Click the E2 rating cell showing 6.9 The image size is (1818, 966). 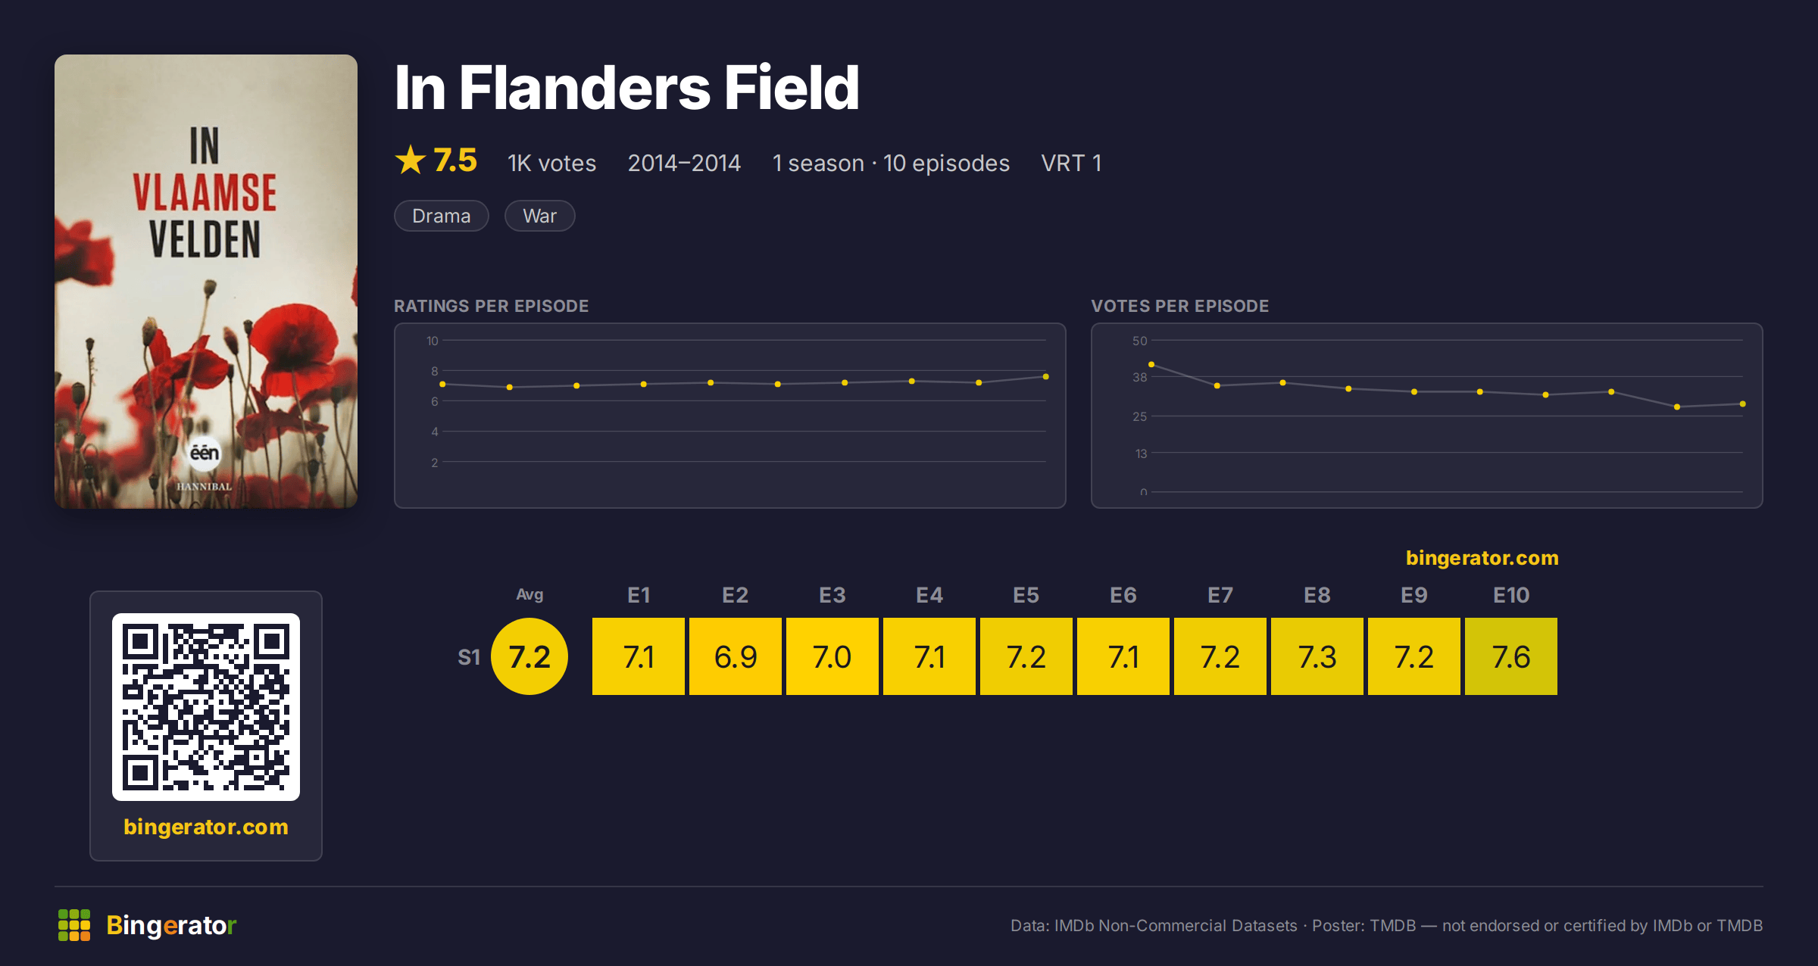(735, 656)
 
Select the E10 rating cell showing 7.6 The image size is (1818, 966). (1510, 656)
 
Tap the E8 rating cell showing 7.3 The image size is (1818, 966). (1317, 656)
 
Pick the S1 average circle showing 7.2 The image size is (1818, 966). (529, 656)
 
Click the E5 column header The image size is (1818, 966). (1026, 595)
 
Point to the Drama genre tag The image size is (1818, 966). (442, 216)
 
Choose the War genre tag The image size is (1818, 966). (539, 216)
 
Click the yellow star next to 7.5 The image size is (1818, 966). (411, 160)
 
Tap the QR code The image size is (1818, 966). (206, 707)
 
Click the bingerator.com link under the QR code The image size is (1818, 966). (206, 827)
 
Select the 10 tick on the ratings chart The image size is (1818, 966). (433, 341)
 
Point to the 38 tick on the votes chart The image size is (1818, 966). (1139, 377)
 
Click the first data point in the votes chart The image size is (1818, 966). (1151, 365)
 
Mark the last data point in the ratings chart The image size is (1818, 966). (1046, 376)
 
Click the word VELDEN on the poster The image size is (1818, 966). (205, 240)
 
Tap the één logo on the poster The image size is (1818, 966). (205, 453)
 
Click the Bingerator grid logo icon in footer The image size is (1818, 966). (74, 925)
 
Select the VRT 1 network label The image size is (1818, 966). (1071, 163)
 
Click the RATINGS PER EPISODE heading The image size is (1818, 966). (491, 306)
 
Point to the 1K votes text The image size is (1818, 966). (551, 163)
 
